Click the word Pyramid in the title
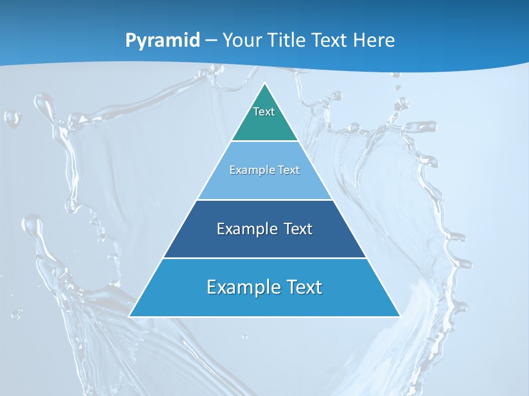[x=163, y=41]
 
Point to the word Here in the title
[x=374, y=41]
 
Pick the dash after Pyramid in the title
[x=211, y=41]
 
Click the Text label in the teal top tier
[x=264, y=112]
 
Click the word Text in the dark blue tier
[x=298, y=229]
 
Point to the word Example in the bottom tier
[x=243, y=287]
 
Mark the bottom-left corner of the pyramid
[x=129, y=316]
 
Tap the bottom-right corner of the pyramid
[x=400, y=316]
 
